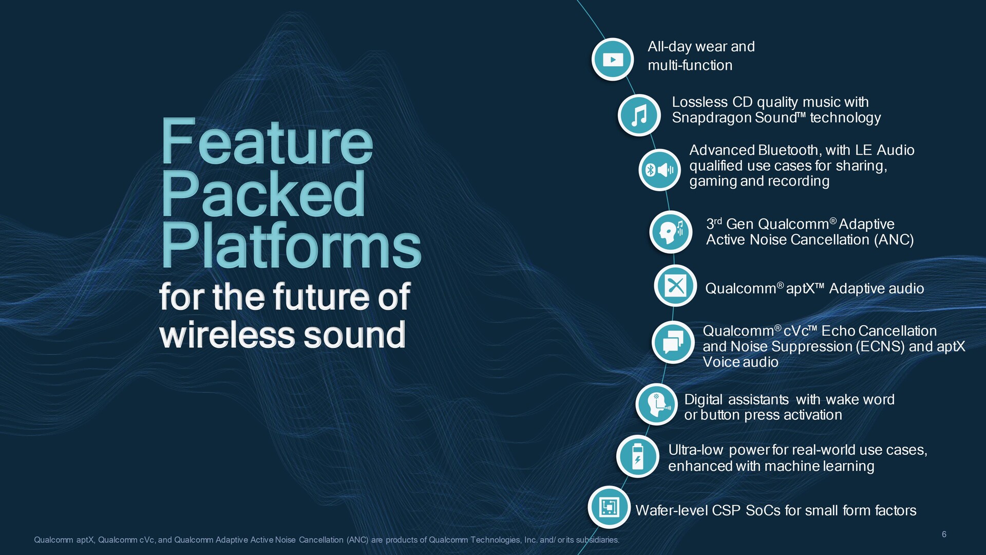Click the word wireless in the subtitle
pos(227,335)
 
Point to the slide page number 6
pos(944,534)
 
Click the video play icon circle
pos(613,59)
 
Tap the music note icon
pos(639,115)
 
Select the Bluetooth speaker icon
pos(660,170)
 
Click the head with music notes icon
pos(671,232)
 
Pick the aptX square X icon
pos(675,285)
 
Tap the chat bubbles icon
pos(673,342)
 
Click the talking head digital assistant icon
pos(657,404)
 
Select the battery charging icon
pos(638,456)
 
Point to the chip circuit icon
pos(609,507)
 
